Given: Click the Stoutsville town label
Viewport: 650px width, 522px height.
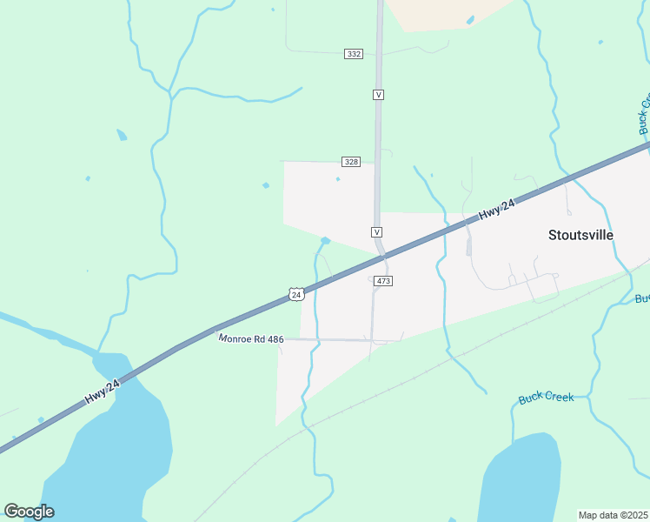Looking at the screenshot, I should click(x=580, y=235).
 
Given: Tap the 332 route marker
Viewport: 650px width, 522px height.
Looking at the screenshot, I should click(x=353, y=54).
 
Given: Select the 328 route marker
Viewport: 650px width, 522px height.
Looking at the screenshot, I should click(x=351, y=162).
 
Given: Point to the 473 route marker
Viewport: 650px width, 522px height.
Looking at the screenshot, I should click(x=384, y=281).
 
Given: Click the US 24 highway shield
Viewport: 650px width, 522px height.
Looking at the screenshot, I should click(x=296, y=295).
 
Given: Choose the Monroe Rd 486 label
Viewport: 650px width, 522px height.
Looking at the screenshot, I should click(x=251, y=338).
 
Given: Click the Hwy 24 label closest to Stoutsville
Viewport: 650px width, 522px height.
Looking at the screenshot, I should click(x=497, y=210).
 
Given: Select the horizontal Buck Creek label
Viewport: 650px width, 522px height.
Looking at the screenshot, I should click(x=546, y=397).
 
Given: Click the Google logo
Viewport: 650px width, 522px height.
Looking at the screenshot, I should click(x=29, y=512).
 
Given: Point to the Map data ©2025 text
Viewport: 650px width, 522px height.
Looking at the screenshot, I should click(x=614, y=515).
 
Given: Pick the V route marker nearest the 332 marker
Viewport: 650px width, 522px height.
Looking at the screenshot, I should click(x=378, y=93).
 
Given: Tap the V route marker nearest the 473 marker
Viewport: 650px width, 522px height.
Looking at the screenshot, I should click(x=377, y=232).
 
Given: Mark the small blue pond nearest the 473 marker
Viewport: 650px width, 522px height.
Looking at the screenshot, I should click(x=326, y=241).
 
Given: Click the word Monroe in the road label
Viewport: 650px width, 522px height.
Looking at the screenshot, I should click(x=234, y=338).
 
